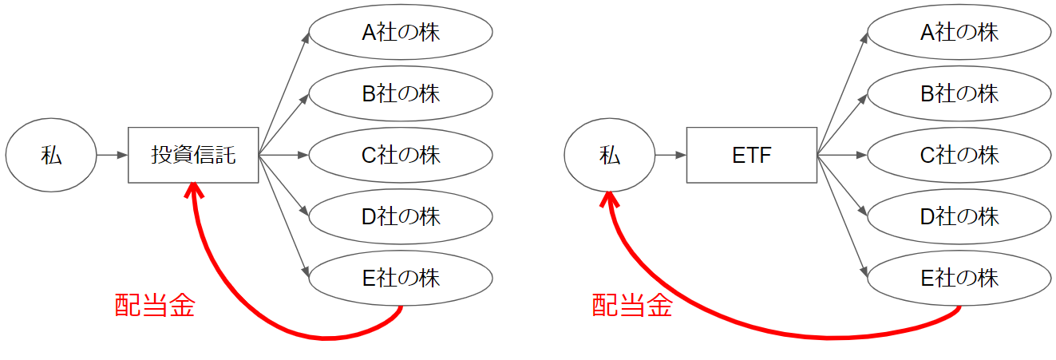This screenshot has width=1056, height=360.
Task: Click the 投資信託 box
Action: (193, 155)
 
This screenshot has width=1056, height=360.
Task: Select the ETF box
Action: (751, 155)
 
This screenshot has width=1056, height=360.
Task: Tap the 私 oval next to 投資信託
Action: (51, 155)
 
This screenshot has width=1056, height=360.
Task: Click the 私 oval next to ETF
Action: (609, 155)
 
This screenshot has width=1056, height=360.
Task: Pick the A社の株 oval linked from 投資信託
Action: (400, 32)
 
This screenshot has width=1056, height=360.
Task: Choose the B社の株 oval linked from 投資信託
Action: (400, 93)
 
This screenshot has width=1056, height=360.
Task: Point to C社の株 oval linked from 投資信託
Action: (400, 155)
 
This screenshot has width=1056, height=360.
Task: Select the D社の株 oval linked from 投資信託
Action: (400, 216)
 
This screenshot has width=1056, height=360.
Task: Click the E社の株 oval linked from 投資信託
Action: (400, 278)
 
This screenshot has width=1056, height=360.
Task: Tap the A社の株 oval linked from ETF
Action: (959, 32)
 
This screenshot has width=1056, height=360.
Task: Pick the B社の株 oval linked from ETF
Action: (959, 93)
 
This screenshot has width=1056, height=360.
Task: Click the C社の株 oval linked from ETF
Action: (959, 155)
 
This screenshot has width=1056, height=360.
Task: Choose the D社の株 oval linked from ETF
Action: (959, 216)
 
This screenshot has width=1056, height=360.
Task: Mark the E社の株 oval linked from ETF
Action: (959, 278)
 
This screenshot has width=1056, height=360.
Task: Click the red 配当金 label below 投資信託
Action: (154, 306)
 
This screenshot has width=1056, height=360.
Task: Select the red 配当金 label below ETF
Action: (631, 306)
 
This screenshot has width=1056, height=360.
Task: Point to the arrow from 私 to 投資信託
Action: (112, 155)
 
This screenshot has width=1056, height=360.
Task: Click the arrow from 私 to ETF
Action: (670, 155)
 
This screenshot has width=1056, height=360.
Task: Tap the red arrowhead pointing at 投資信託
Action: (192, 190)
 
